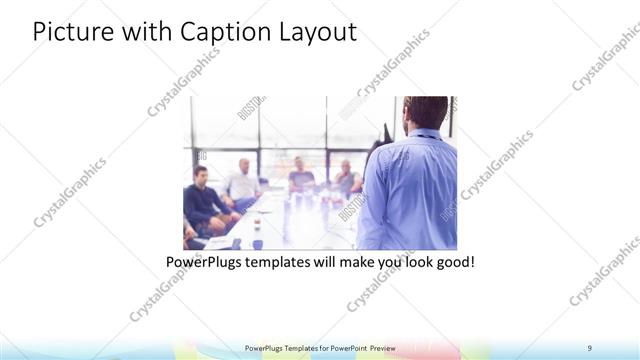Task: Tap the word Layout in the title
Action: click(x=314, y=32)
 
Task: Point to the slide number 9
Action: click(x=590, y=348)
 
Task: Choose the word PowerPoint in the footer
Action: click(x=346, y=348)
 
